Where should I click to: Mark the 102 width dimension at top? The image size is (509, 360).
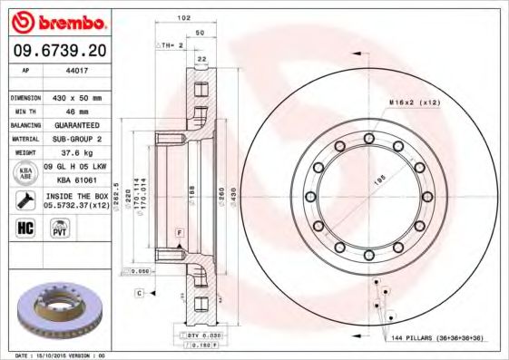coord(184,17)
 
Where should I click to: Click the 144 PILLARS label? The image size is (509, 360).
coord(443,337)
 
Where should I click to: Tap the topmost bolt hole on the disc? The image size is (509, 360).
coord(368,138)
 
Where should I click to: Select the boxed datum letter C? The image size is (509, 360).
coord(140,293)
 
